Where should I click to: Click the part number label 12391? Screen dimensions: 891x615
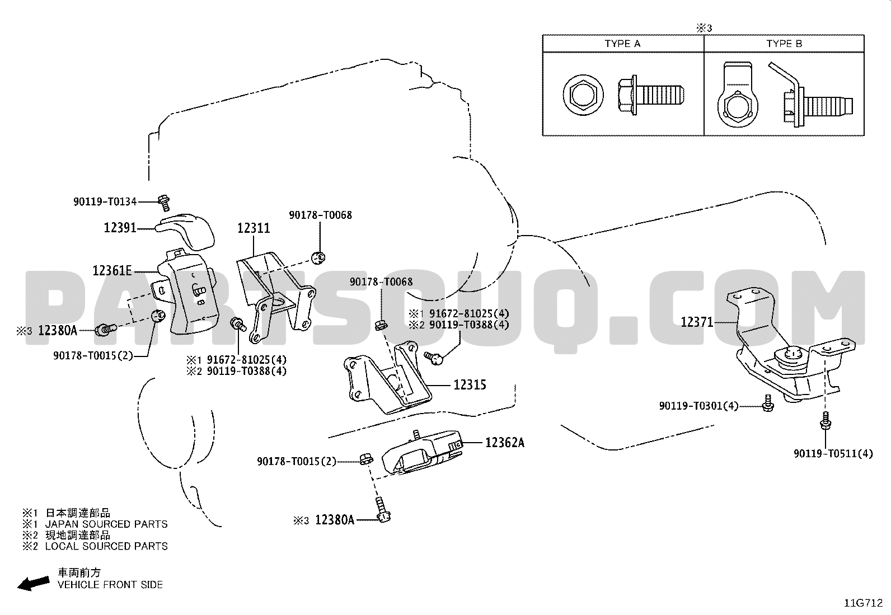120,228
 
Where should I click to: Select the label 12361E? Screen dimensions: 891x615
112,271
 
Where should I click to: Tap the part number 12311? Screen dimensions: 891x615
254,228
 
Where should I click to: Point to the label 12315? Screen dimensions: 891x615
470,384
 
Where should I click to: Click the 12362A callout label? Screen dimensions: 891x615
505,442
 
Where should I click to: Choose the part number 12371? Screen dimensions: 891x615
697,322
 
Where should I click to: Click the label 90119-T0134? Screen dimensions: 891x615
105,201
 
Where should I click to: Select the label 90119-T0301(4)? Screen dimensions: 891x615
699,406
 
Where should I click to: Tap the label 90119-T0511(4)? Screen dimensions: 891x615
833,453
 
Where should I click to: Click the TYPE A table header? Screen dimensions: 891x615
623,44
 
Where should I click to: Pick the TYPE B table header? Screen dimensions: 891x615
784,44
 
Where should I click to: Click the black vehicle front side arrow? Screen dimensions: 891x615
34,584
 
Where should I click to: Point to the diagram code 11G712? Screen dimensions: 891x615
864,603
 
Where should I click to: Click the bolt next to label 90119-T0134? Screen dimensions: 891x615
164,203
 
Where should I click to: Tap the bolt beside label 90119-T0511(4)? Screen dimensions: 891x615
826,420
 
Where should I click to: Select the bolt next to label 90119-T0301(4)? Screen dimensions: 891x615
768,403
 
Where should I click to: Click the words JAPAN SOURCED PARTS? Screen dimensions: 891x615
106,524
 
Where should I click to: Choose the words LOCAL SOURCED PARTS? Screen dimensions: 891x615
106,546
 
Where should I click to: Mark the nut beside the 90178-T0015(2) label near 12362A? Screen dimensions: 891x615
366,459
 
